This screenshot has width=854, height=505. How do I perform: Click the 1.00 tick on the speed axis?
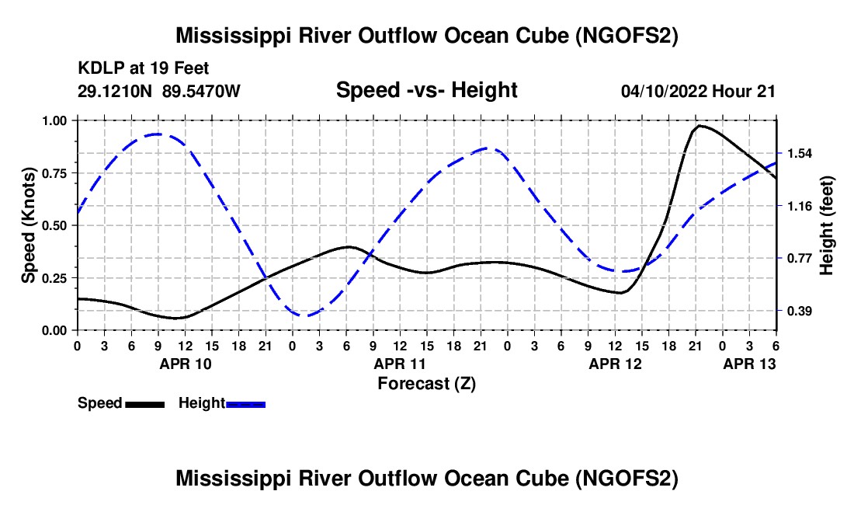click(54, 120)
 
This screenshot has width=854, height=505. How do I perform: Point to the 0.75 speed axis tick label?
click(54, 173)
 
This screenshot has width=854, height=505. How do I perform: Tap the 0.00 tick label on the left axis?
click(54, 331)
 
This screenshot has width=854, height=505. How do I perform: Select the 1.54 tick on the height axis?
click(800, 154)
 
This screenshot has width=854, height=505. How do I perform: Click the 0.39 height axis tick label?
click(800, 311)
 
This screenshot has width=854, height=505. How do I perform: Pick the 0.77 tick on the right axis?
click(800, 258)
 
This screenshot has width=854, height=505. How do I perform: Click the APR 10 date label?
click(186, 364)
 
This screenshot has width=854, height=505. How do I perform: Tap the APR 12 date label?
click(616, 364)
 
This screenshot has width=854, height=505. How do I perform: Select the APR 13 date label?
click(749, 364)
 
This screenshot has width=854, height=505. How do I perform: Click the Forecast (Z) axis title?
click(426, 384)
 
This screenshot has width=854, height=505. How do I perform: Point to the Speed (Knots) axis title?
click(28, 225)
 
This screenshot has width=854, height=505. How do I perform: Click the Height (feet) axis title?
click(826, 225)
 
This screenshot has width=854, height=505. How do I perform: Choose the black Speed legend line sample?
click(145, 405)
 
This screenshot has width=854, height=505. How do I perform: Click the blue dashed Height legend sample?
click(245, 405)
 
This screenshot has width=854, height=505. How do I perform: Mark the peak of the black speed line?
click(699, 126)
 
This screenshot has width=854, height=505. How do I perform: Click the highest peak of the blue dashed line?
click(158, 134)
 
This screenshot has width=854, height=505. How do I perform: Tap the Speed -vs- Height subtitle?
click(426, 90)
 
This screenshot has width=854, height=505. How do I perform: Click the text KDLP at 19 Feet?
click(144, 68)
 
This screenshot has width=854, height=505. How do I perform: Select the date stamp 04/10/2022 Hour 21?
click(698, 91)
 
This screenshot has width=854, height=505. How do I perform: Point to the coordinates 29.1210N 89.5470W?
click(159, 91)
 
